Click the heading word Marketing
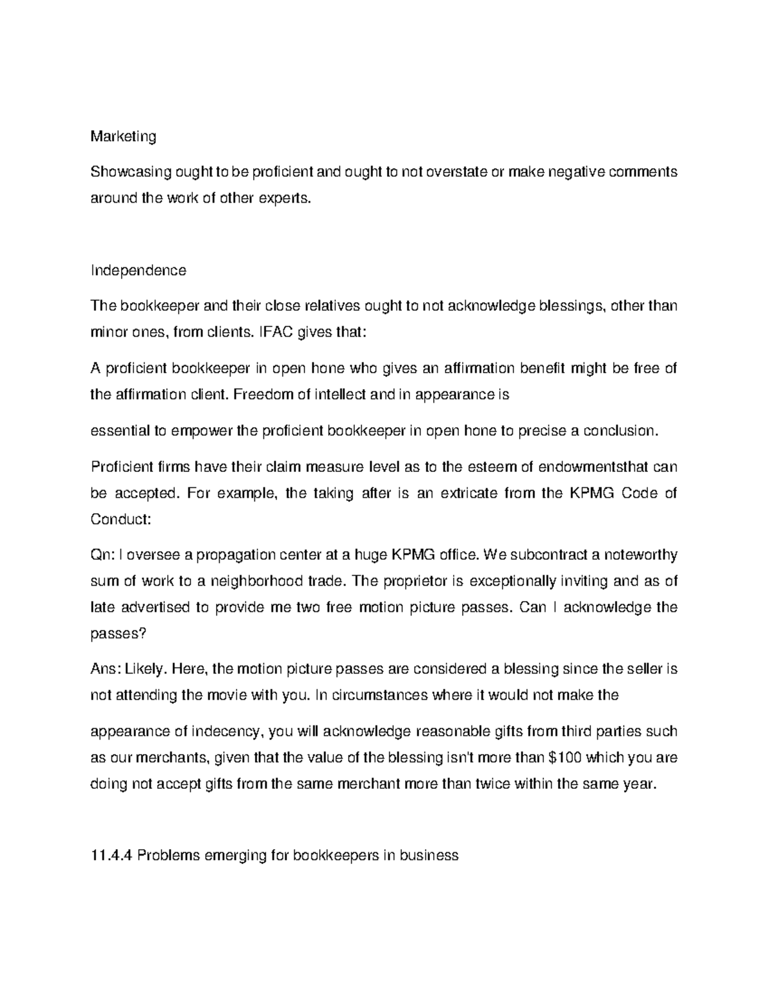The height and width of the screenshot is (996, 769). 123,137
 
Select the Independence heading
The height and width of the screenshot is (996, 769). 138,270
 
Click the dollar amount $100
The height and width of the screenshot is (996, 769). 566,757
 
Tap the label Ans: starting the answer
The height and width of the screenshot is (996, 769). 104,669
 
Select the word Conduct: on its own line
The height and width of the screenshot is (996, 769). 120,519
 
